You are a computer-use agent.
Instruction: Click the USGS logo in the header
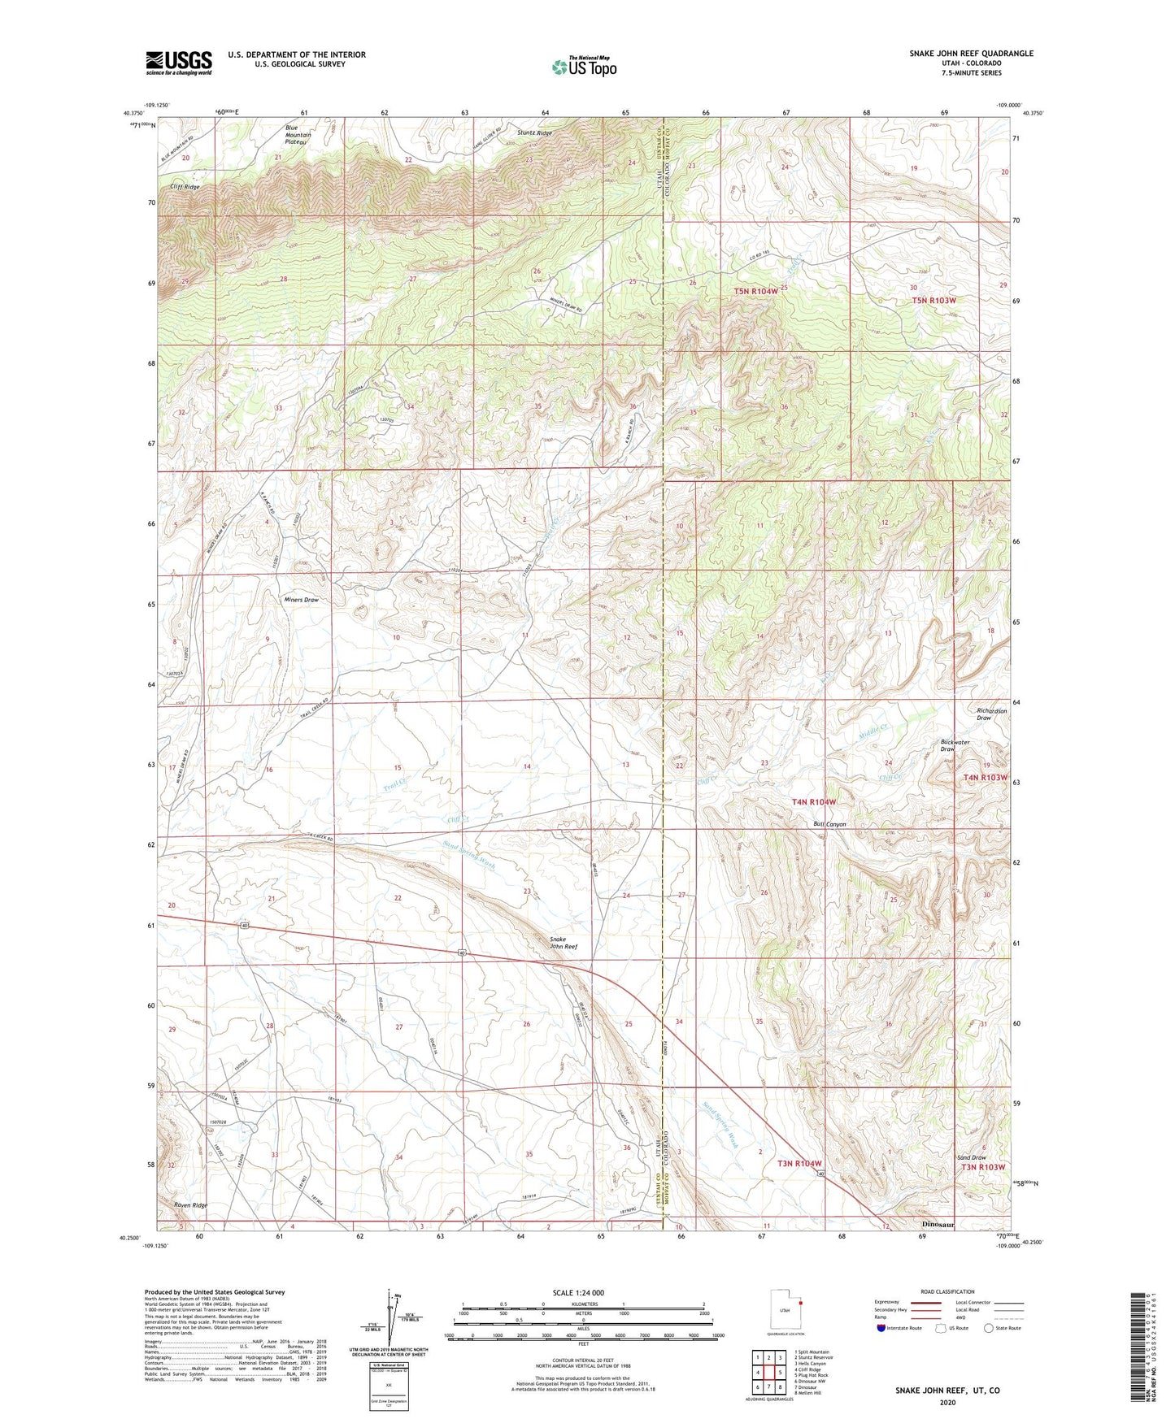coord(179,62)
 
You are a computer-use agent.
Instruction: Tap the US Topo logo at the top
coord(583,67)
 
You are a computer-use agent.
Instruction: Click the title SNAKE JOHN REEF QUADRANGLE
coord(971,54)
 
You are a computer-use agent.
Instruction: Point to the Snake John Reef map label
coord(563,942)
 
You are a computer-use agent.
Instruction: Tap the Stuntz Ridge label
coord(534,132)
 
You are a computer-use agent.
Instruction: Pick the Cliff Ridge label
coord(185,187)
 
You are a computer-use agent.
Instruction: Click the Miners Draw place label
coord(301,600)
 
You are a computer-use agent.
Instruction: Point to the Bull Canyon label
coord(829,824)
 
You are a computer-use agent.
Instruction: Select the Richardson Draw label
coord(991,714)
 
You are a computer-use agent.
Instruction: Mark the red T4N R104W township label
coord(813,802)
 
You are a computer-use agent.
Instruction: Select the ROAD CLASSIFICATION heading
coord(947,1291)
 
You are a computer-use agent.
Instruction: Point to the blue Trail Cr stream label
coord(394,783)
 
